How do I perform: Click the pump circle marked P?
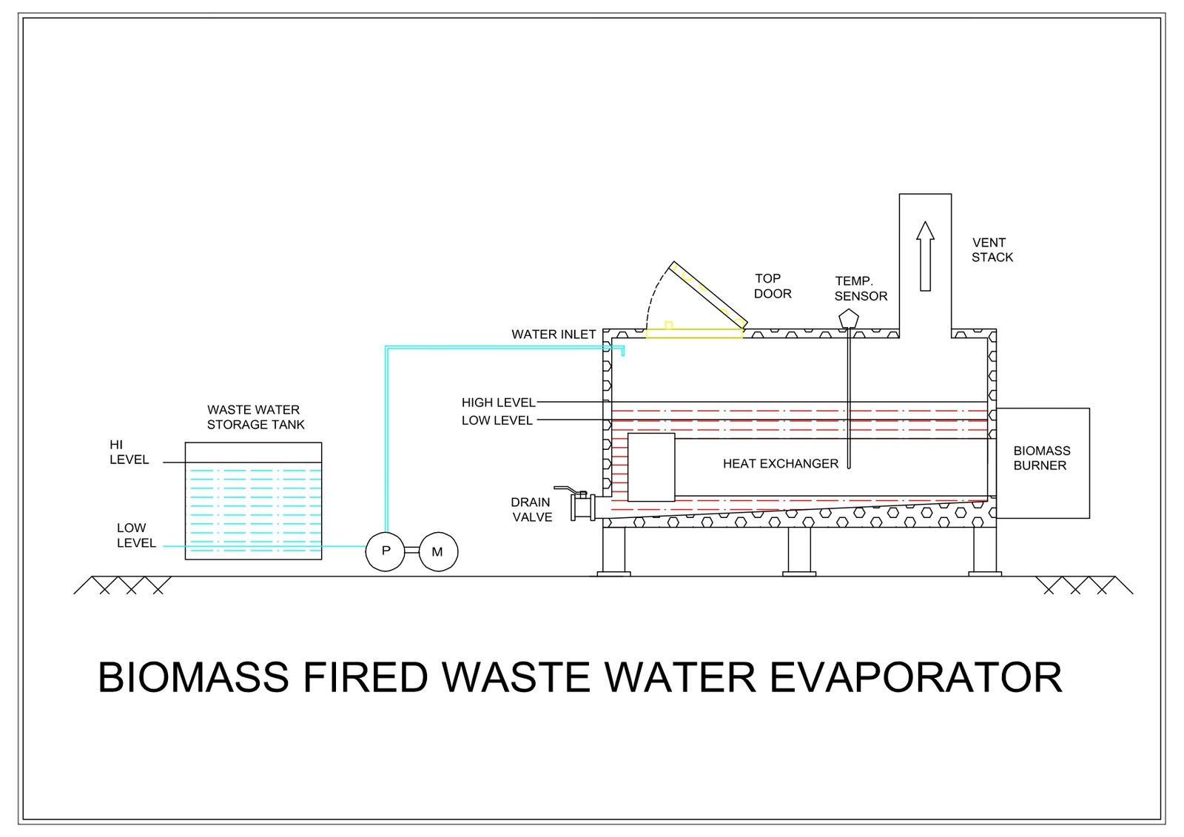386,551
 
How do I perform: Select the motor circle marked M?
438,552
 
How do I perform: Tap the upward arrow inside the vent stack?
925,255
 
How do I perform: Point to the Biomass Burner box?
1043,463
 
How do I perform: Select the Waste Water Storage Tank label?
255,417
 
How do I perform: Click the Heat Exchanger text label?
781,464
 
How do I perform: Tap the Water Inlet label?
554,335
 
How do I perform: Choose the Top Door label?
772,286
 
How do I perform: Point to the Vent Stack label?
992,250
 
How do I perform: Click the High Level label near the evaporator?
498,403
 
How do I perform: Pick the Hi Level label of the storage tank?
129,452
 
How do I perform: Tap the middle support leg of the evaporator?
799,551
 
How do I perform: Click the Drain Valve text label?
531,510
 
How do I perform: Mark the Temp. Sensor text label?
860,289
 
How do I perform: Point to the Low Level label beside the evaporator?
497,420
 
